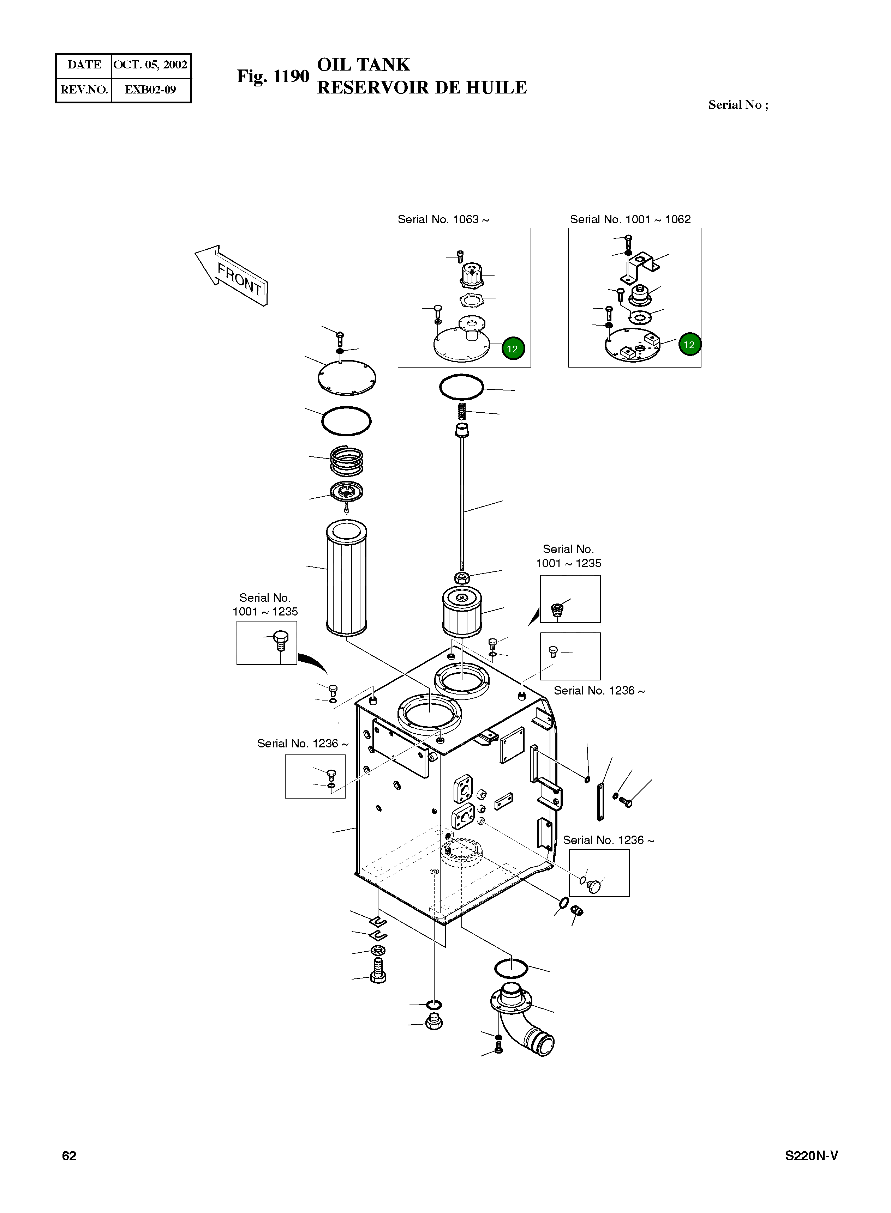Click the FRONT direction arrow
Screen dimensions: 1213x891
[x=231, y=275]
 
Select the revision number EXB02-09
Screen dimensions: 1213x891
[x=150, y=90]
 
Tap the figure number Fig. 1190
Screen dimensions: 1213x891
[x=273, y=77]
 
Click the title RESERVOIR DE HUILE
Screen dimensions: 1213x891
[x=422, y=88]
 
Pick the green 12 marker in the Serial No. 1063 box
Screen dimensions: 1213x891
[x=512, y=348]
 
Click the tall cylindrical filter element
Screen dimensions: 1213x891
[x=346, y=577]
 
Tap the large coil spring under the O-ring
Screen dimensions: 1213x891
[x=346, y=461]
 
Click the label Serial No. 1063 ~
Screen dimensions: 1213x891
[x=443, y=219]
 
